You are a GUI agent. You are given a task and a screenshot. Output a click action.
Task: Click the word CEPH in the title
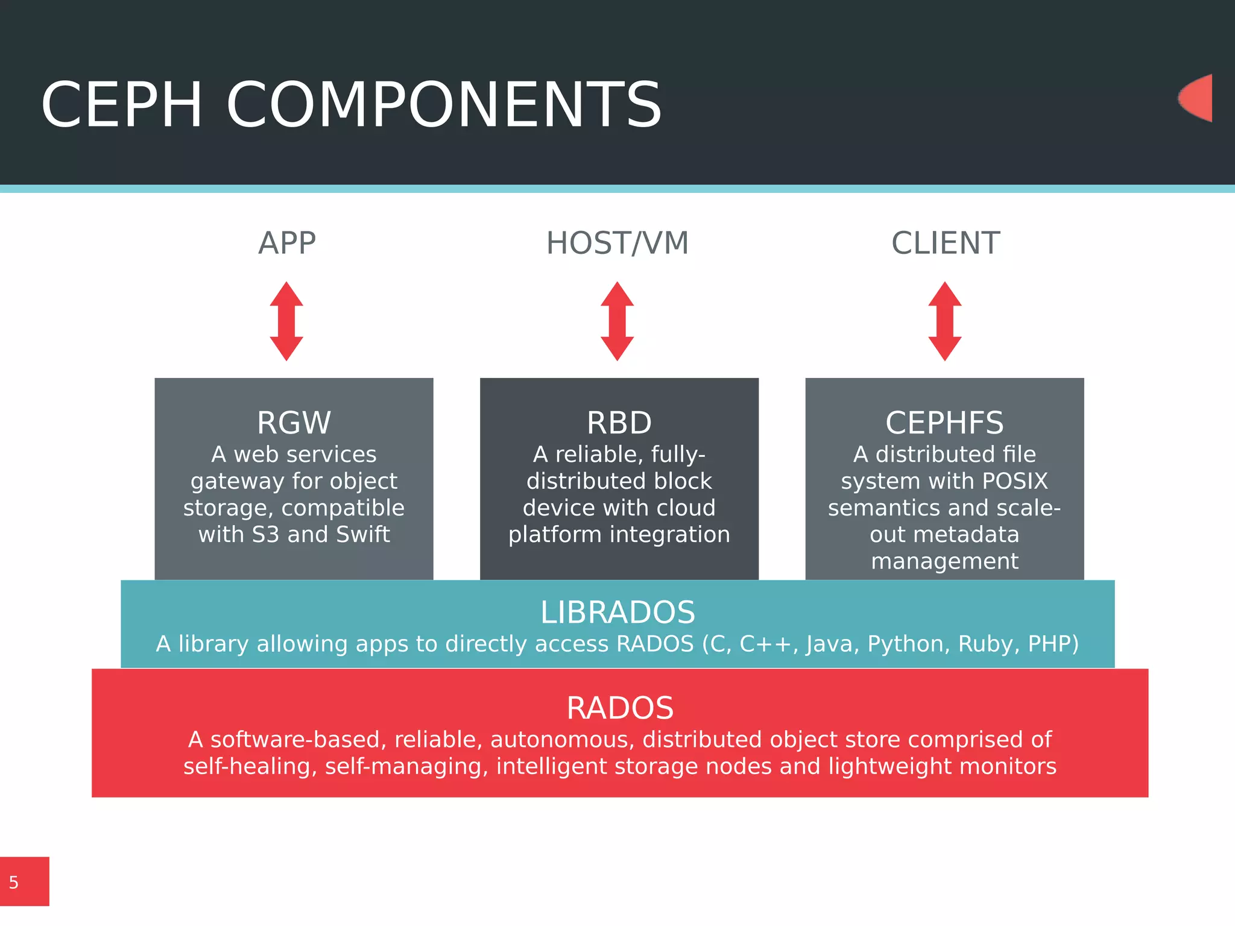pos(121,106)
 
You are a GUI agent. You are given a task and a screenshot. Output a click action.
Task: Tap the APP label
pos(287,244)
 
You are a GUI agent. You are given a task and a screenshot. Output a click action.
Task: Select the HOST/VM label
pos(617,244)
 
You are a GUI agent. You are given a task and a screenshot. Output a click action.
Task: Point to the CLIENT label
pos(946,244)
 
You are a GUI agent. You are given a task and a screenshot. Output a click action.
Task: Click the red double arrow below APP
pos(286,321)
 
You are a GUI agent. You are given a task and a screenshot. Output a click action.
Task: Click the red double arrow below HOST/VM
pos(617,321)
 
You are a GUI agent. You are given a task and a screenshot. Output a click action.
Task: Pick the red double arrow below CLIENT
pos(944,321)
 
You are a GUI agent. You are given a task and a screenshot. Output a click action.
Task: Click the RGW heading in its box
pos(294,423)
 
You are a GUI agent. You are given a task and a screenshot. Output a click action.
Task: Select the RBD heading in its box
pos(619,423)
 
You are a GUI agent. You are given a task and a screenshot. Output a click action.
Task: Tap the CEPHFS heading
pos(944,423)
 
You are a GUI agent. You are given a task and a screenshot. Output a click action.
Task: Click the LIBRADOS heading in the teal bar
pos(617,613)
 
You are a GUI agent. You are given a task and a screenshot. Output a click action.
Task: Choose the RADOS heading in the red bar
pos(620,708)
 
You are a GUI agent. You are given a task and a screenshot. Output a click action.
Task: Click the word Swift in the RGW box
pos(362,535)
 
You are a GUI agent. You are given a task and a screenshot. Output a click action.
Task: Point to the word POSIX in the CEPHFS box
pos(1015,481)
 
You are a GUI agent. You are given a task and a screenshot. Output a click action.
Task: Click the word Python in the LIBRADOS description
pos(906,644)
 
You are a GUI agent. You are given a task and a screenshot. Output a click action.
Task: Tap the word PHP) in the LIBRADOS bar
pos(1053,644)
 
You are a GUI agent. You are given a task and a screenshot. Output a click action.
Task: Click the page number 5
pos(14,883)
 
